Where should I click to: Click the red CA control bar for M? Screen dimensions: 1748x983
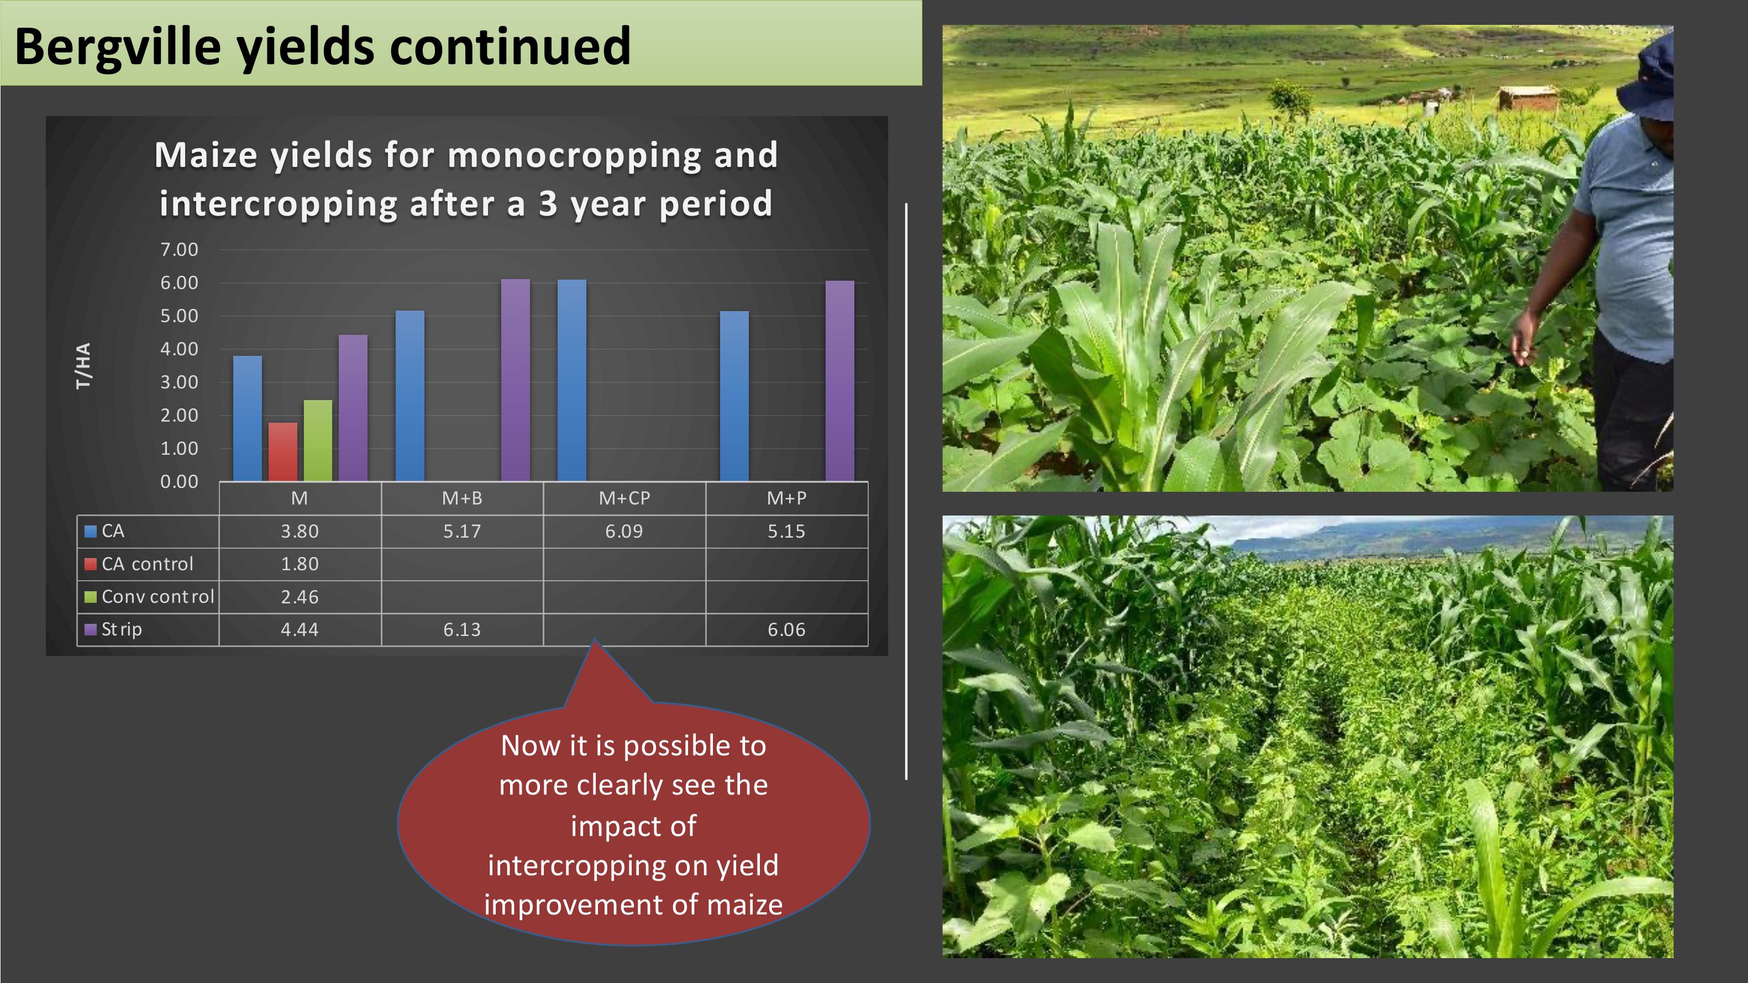(x=283, y=452)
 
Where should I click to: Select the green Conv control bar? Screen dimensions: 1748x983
(x=318, y=440)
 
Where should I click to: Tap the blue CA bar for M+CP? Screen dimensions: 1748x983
(x=572, y=381)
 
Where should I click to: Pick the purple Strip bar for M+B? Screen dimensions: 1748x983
(x=516, y=380)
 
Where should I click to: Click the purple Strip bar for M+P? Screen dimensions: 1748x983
(x=840, y=381)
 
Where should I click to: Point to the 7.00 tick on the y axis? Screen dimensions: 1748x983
(x=179, y=250)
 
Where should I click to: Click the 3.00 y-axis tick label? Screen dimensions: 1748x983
(x=179, y=382)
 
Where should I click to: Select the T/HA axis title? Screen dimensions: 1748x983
(x=83, y=366)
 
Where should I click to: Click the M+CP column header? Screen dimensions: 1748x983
(x=624, y=498)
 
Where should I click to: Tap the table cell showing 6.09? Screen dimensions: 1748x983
(x=624, y=531)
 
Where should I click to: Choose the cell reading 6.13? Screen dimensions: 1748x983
(x=462, y=629)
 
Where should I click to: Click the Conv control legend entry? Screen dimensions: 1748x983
(x=149, y=597)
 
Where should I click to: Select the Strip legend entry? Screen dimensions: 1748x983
(x=113, y=629)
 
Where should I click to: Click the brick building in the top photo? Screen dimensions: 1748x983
(x=1527, y=98)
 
